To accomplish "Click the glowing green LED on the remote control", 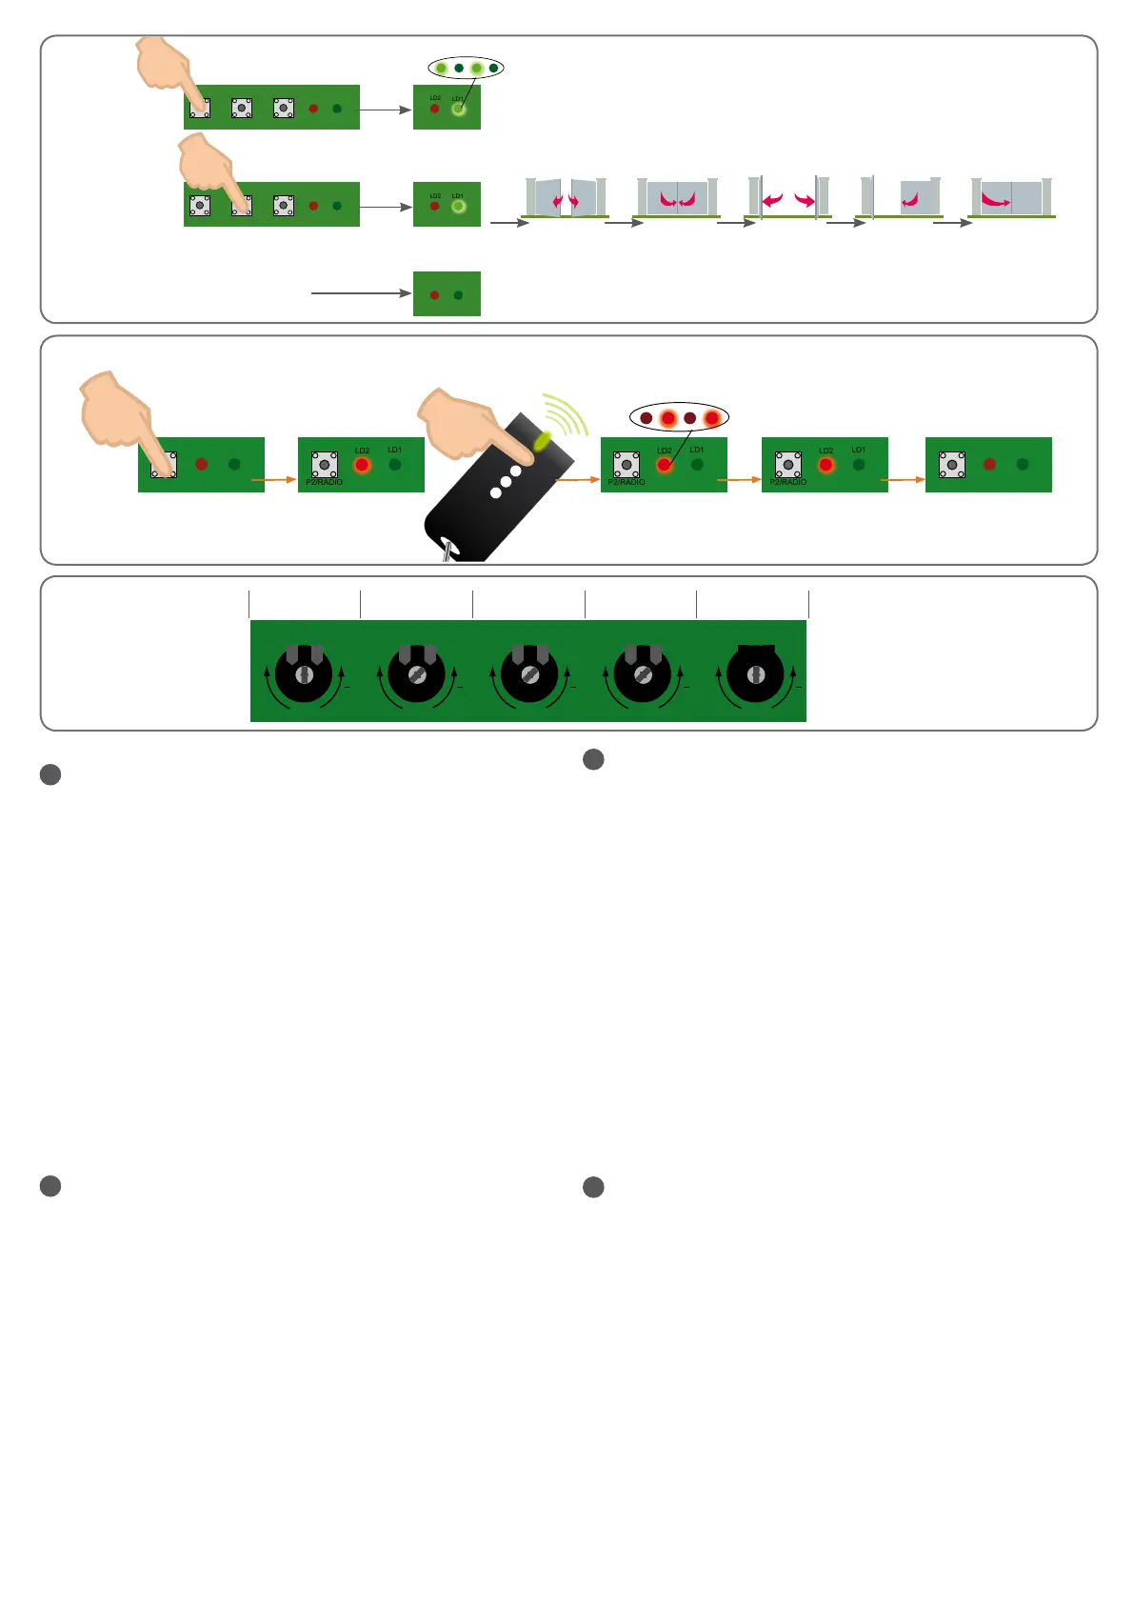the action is [x=543, y=440].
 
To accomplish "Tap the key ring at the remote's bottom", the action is [x=446, y=551].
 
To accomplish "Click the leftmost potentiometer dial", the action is [x=304, y=672].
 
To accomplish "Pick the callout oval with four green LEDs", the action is [x=466, y=68].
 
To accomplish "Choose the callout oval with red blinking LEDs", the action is [x=679, y=417].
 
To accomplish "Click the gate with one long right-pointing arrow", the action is [x=1011, y=198].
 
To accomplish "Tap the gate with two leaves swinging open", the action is [x=566, y=198].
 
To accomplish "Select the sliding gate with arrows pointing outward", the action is [x=788, y=198].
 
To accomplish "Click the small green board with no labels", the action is [x=447, y=293].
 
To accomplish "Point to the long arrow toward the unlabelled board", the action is [x=360, y=293].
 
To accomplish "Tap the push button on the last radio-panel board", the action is [x=951, y=465].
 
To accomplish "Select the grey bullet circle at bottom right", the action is [x=593, y=1187].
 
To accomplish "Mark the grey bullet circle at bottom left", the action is [x=50, y=1186].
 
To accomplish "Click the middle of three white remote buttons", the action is [x=506, y=482].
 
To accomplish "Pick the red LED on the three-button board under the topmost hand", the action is [x=313, y=109].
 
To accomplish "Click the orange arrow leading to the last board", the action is [x=903, y=479].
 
